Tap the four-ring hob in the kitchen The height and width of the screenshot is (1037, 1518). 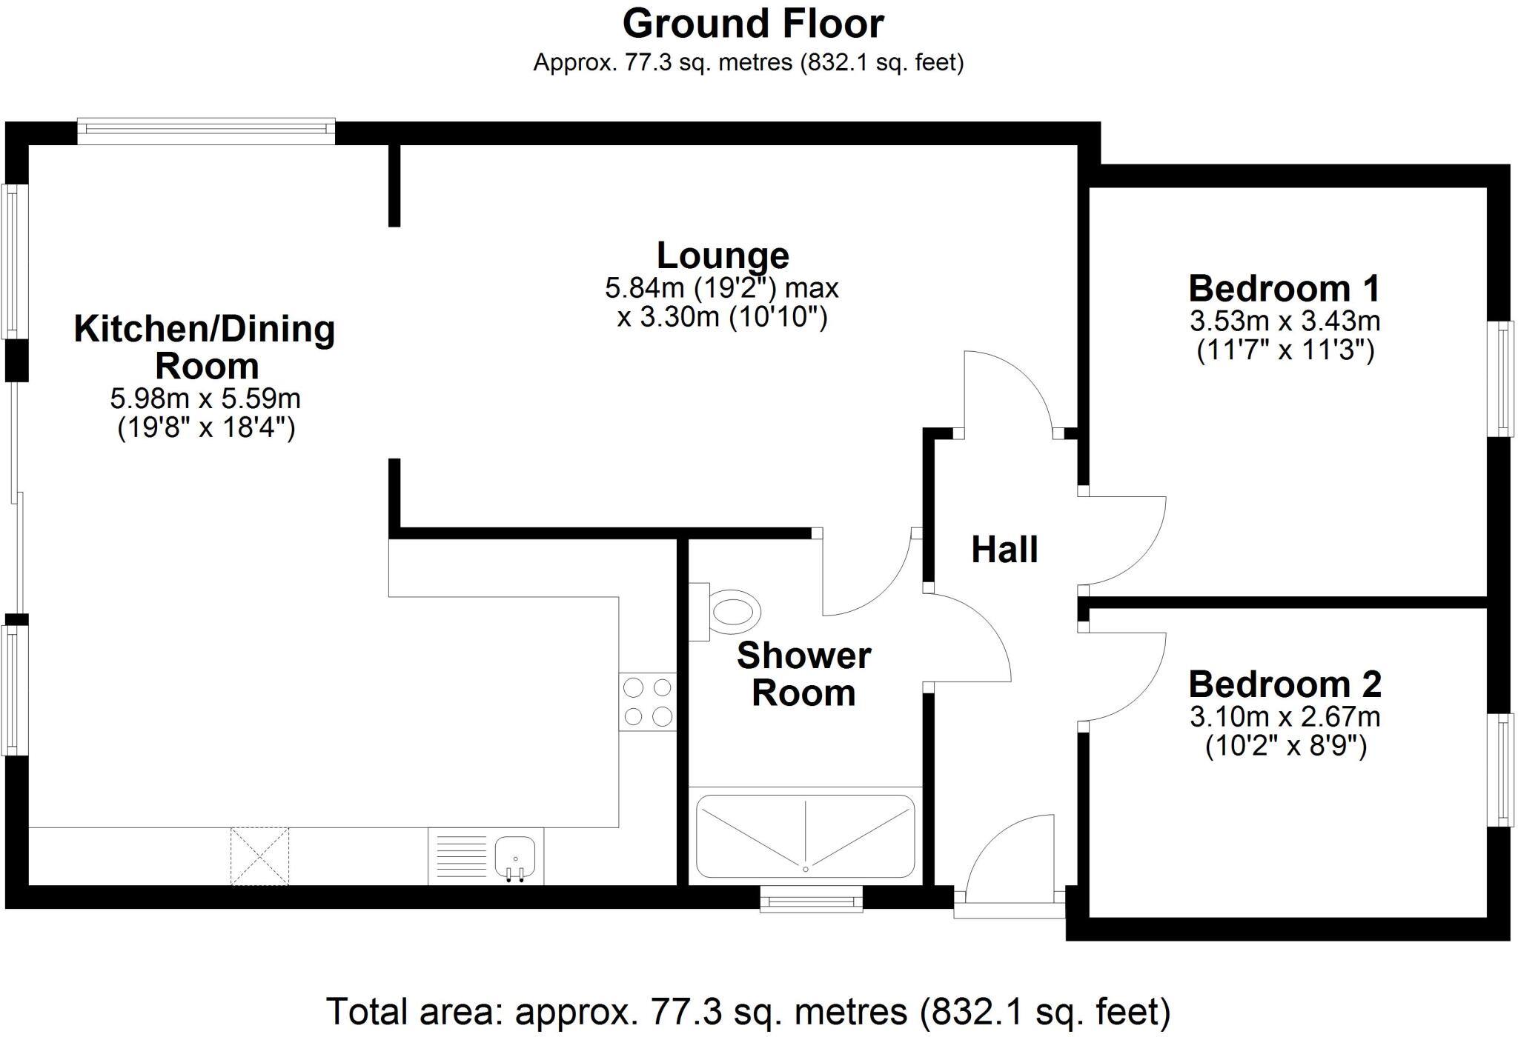(x=648, y=702)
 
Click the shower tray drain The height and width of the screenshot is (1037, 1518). (x=805, y=868)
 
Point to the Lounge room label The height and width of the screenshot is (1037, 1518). (x=723, y=256)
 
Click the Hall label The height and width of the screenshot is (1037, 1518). (x=1004, y=550)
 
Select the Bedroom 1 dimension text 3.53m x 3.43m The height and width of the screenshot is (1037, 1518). (x=1285, y=321)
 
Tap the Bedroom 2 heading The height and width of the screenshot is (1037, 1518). (x=1285, y=684)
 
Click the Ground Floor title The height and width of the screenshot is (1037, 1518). (x=752, y=24)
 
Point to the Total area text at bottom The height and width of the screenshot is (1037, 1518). (x=748, y=1012)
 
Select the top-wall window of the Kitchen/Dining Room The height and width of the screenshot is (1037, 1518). (x=206, y=131)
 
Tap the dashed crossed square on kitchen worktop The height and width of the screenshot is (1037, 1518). (x=259, y=856)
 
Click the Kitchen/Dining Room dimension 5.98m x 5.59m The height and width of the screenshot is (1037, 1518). (x=205, y=399)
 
